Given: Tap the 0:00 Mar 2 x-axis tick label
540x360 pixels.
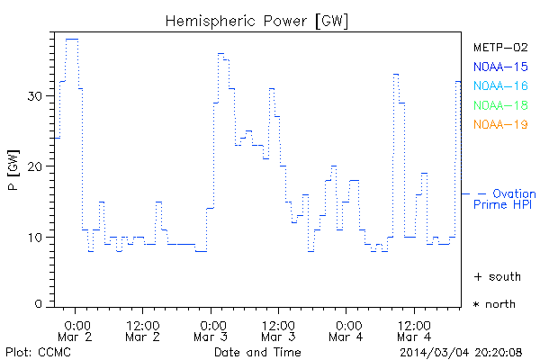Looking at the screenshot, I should [x=76, y=329].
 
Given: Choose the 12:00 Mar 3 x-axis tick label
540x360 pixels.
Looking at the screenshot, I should [x=279, y=329].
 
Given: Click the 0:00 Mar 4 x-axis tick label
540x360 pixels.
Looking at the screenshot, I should [x=346, y=329].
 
